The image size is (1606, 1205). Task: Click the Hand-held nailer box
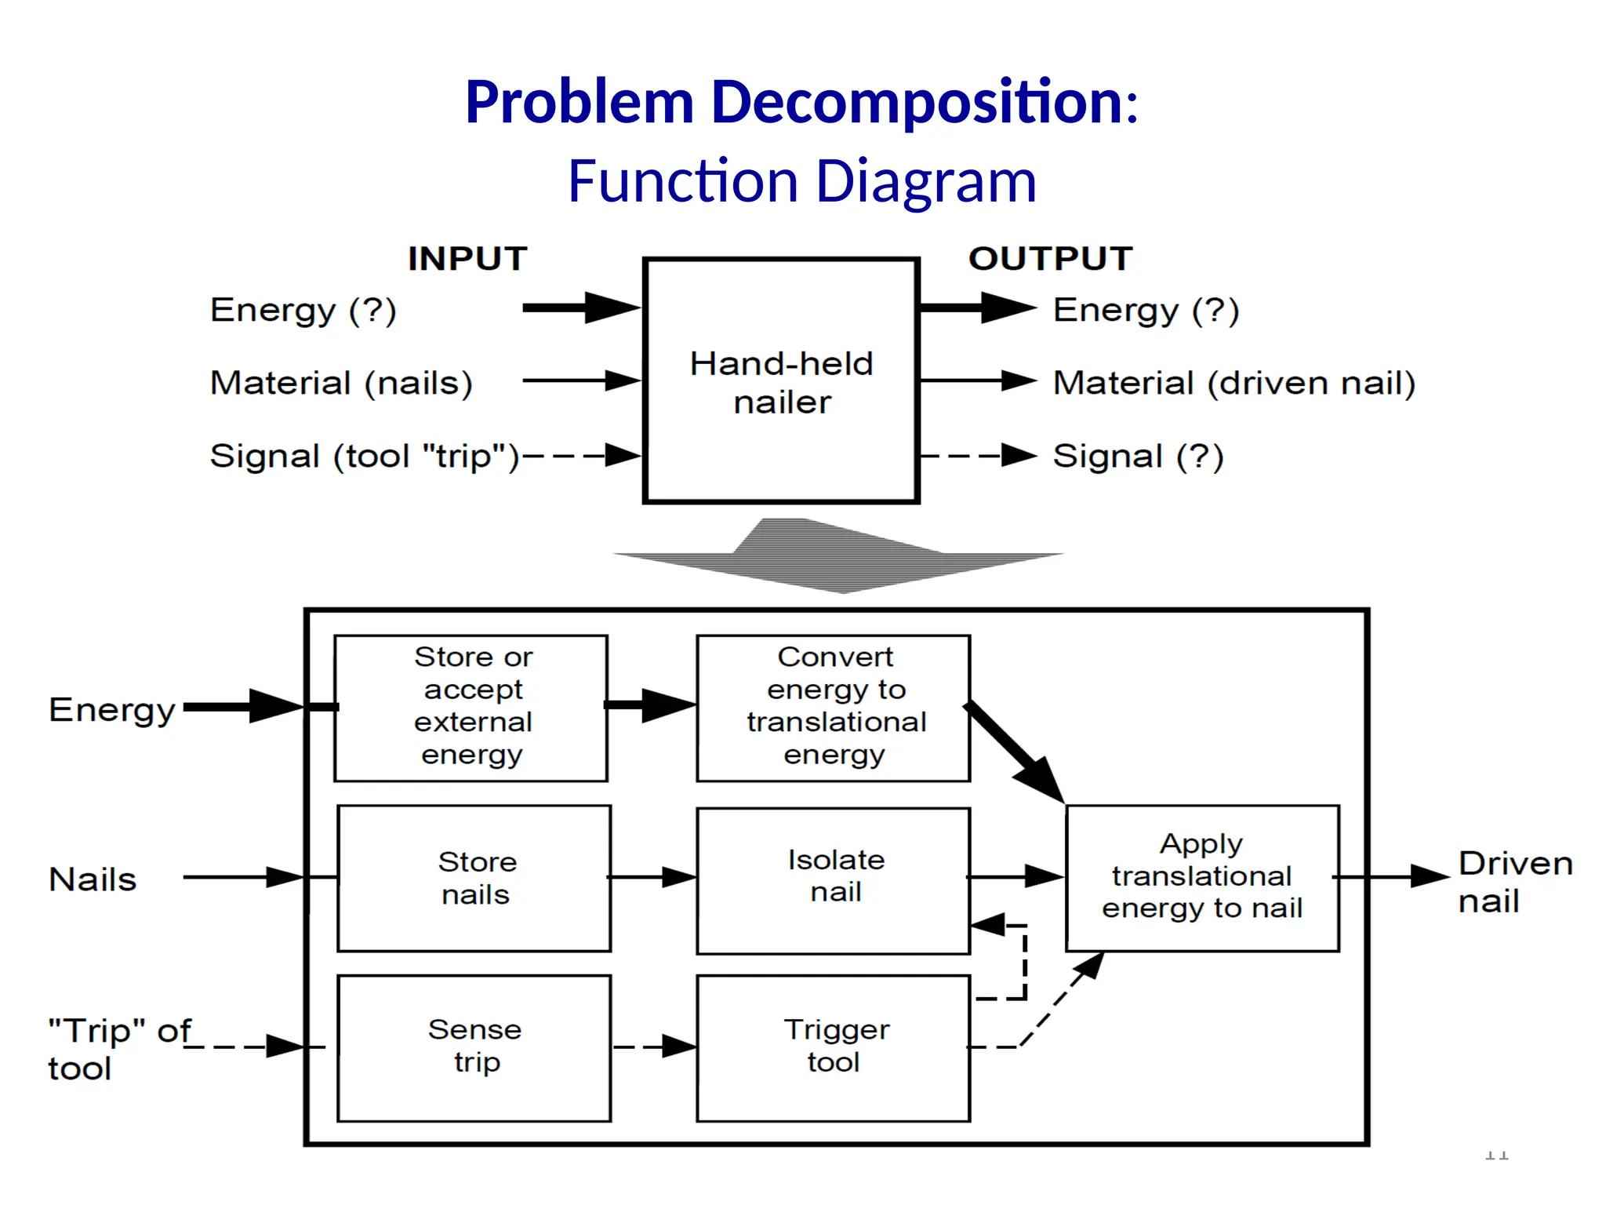click(781, 381)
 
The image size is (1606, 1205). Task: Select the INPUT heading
click(467, 259)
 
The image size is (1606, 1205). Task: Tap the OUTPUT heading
click(1051, 259)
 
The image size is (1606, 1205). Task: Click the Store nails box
click(474, 878)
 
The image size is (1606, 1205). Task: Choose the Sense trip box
click(474, 1047)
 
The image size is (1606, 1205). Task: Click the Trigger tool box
click(834, 1047)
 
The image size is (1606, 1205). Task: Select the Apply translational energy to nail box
click(1202, 878)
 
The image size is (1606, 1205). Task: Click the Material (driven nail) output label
click(1234, 383)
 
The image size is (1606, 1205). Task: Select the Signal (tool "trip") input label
click(365, 456)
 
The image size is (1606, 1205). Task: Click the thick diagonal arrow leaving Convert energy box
click(1016, 752)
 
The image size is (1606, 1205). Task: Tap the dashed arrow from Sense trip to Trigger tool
click(654, 1047)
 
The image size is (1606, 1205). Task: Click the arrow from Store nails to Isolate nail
click(652, 877)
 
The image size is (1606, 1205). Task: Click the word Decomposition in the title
click(917, 102)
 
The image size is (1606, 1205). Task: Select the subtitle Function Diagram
click(801, 182)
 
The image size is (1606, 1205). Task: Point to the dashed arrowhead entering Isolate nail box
click(988, 925)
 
